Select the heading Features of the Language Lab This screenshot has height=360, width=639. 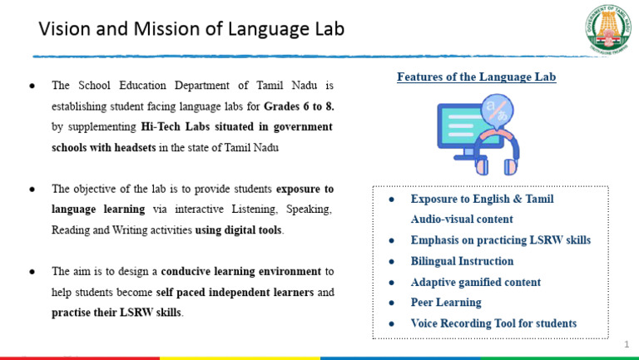476,77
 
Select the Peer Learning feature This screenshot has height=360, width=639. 446,303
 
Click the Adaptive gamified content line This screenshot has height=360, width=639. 475,282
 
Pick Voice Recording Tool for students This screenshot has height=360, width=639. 493,323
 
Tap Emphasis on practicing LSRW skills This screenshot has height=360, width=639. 500,240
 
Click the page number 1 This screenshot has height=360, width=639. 627,343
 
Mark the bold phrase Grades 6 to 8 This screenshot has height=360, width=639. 299,106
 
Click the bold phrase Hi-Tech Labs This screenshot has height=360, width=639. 173,127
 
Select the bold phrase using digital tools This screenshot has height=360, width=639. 239,229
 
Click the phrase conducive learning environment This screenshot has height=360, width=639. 240,271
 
